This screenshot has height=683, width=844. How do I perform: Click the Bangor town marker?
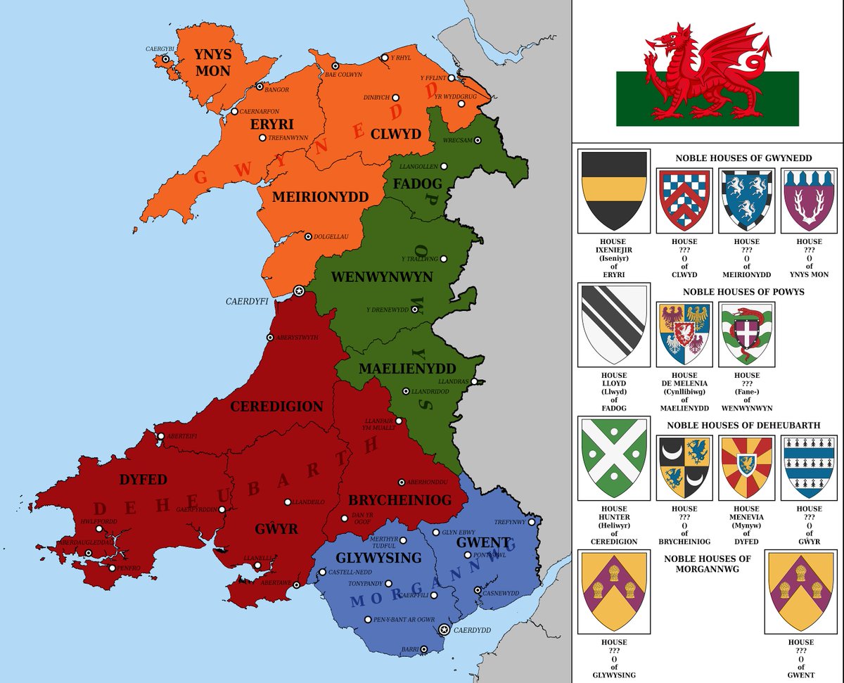click(260, 87)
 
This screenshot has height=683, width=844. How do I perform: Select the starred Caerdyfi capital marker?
click(298, 291)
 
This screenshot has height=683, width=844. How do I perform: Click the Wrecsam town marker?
click(478, 140)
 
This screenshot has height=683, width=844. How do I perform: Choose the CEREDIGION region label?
click(276, 407)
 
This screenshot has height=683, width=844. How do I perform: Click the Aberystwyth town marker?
click(269, 338)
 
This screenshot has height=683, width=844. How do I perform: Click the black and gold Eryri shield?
click(612, 191)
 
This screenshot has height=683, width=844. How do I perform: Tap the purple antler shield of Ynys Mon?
click(808, 200)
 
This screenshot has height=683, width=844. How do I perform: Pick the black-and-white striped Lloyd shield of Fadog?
click(612, 324)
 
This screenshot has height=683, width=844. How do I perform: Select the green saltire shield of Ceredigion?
click(612, 458)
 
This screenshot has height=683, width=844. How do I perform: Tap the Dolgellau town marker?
click(308, 237)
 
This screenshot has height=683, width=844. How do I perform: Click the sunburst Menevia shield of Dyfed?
click(746, 466)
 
